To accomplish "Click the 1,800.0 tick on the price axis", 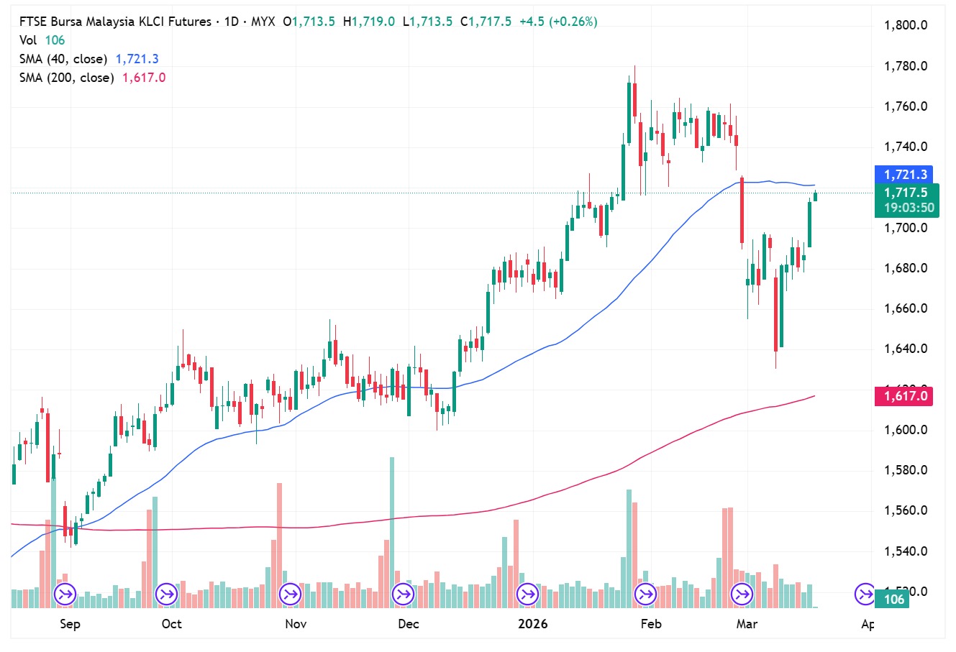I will [x=905, y=25].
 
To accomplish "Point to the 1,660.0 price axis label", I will [x=905, y=308].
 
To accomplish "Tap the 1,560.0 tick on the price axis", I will [x=905, y=510].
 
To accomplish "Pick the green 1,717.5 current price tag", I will [x=906, y=193].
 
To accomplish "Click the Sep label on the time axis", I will [x=70, y=623].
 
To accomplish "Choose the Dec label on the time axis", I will [x=408, y=623].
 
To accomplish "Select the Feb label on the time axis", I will [x=650, y=623].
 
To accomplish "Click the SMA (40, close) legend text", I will [x=63, y=59].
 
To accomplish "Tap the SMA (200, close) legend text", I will [x=67, y=78].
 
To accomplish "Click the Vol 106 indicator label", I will [x=42, y=40].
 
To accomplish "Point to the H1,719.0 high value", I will [x=369, y=22].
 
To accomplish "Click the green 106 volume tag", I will [x=893, y=600].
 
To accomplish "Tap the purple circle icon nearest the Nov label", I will [x=290, y=594].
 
